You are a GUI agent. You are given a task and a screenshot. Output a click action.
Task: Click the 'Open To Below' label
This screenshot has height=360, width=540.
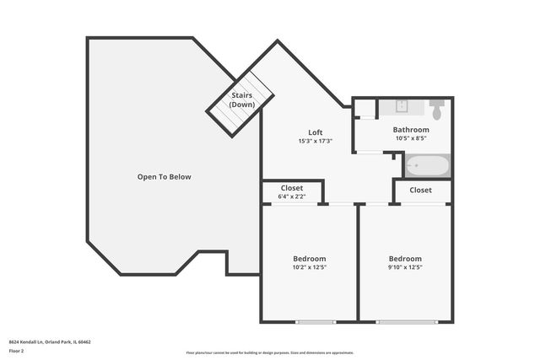pos(165,177)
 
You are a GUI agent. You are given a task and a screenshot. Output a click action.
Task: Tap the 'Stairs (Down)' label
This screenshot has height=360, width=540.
pos(242,100)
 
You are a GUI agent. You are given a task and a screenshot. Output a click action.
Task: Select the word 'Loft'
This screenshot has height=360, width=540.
pos(316,132)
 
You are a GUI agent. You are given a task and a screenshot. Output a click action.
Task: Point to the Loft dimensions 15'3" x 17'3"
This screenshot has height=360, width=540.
pos(316,141)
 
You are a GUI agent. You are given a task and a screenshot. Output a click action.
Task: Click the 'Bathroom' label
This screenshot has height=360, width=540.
pos(411,130)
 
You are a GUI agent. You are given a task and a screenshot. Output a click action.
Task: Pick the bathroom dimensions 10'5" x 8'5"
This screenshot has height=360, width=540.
pos(411,138)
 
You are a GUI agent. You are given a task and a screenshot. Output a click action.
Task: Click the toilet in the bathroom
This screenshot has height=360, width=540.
pos(437,110)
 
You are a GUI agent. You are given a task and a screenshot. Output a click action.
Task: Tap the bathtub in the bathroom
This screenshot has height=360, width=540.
pos(427,165)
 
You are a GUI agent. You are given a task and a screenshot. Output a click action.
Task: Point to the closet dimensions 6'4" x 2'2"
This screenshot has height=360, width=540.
pos(291,197)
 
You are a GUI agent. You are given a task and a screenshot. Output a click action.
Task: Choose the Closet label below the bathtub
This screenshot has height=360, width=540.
pos(421,191)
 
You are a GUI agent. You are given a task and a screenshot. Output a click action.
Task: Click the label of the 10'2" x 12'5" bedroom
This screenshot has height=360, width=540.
pos(309,259)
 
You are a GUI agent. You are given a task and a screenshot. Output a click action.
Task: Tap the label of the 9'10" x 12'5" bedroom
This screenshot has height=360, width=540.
pos(405,259)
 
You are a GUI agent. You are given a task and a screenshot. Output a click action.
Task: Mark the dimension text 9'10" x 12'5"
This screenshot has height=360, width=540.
pos(405,267)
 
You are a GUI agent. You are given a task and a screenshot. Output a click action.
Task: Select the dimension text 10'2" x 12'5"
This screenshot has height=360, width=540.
pos(309,267)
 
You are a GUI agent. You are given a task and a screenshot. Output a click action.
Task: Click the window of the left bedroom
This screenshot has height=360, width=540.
pos(315,321)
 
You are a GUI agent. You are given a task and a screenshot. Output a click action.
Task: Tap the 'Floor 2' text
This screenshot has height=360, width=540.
pos(16,351)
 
